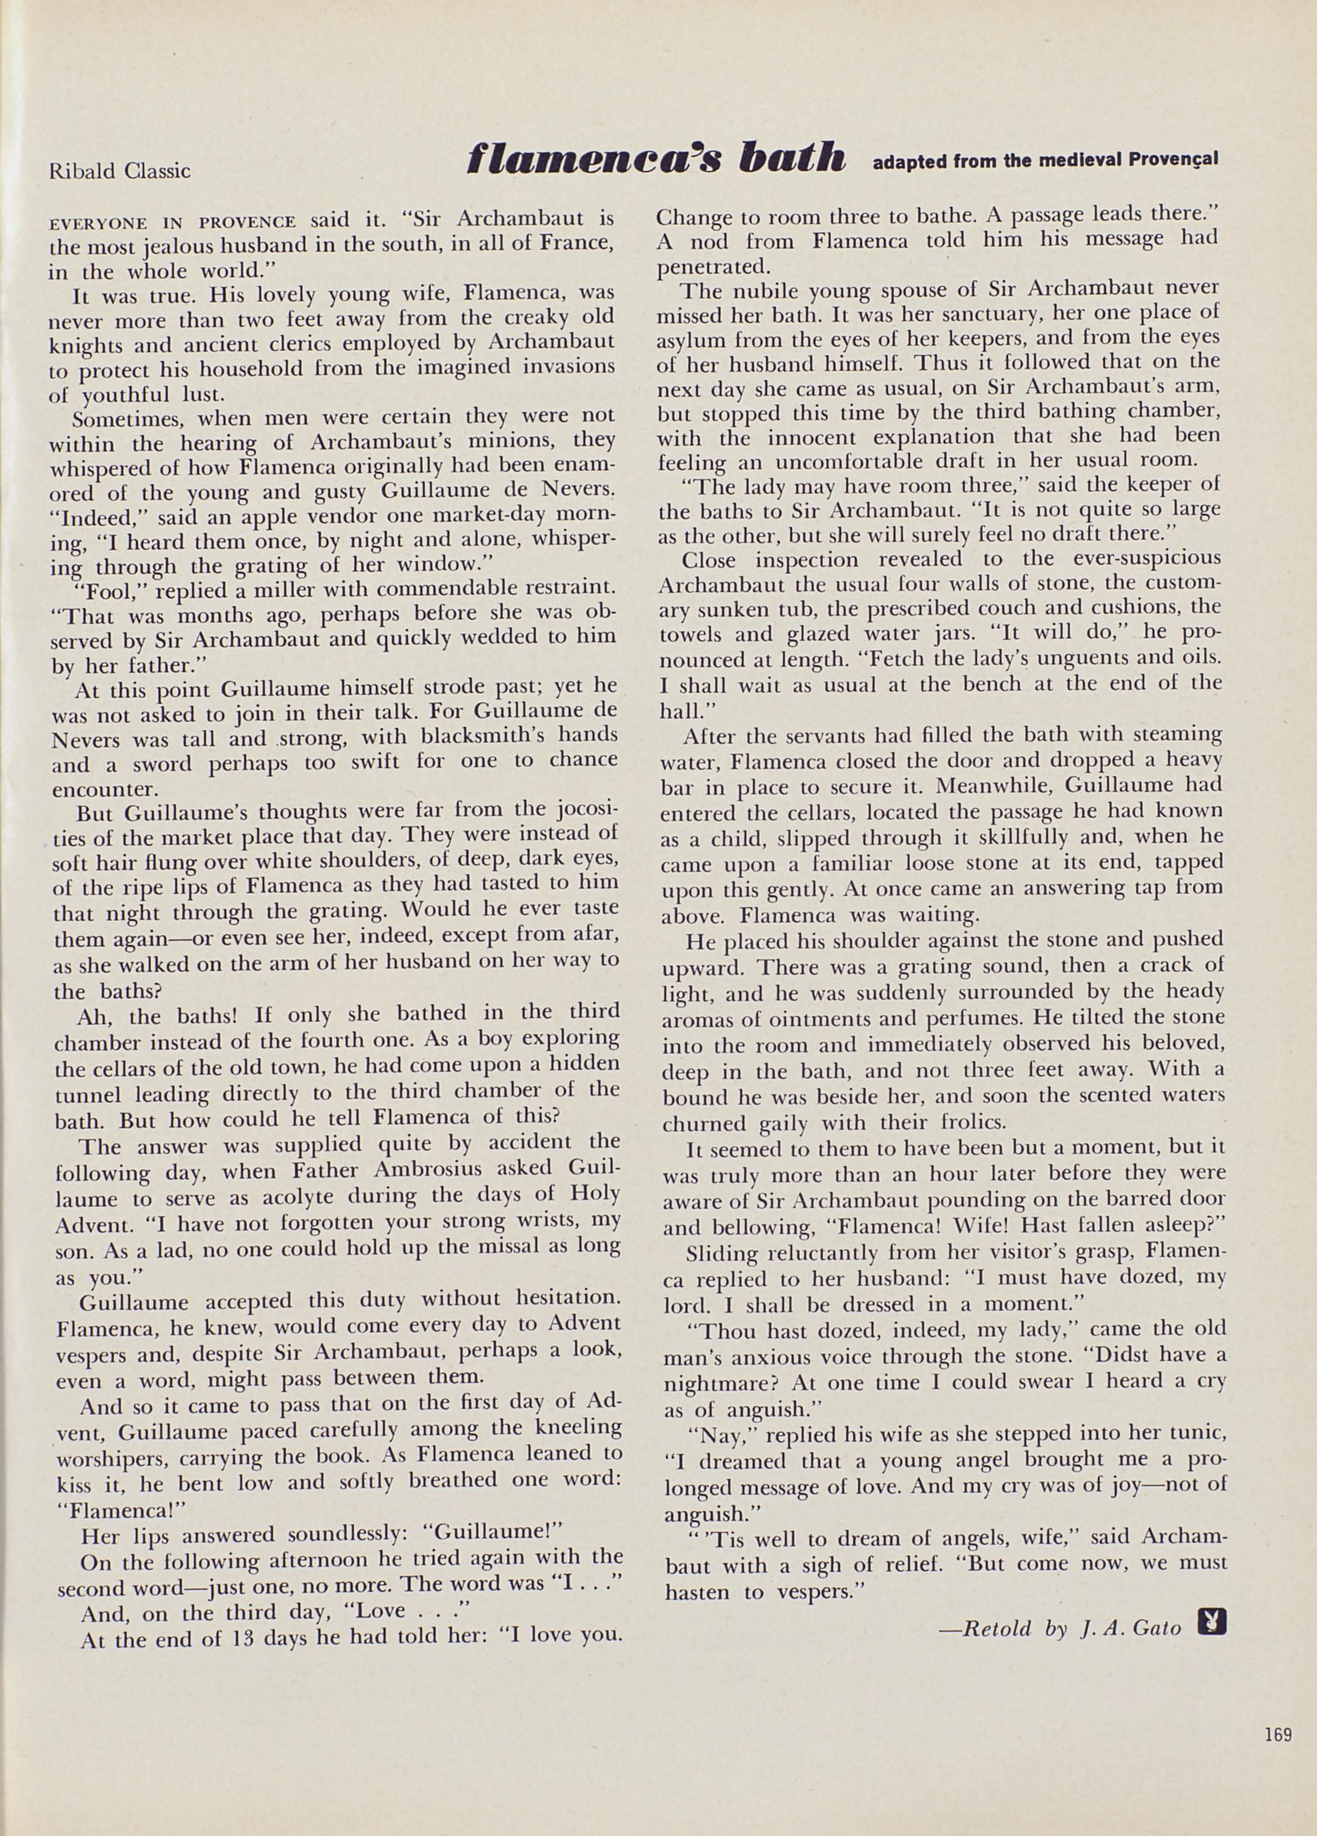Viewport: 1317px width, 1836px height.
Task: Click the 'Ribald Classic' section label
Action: (120, 171)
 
